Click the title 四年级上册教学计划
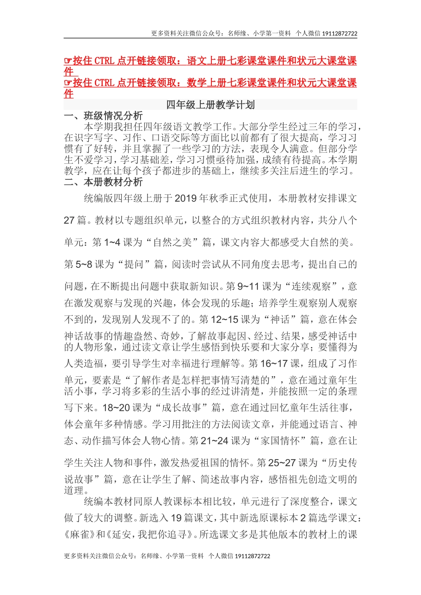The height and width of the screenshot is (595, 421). (210, 105)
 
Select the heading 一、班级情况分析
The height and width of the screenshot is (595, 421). (103, 116)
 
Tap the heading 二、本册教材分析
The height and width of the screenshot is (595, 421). (103, 182)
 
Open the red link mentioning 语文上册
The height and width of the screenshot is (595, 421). (210, 61)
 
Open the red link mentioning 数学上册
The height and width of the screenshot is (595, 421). (210, 83)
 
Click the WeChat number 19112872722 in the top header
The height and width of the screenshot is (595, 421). (339, 33)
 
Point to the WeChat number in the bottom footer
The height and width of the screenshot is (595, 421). (252, 556)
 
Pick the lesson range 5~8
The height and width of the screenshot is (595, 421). (84, 264)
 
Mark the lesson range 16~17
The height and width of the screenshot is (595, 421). (275, 363)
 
